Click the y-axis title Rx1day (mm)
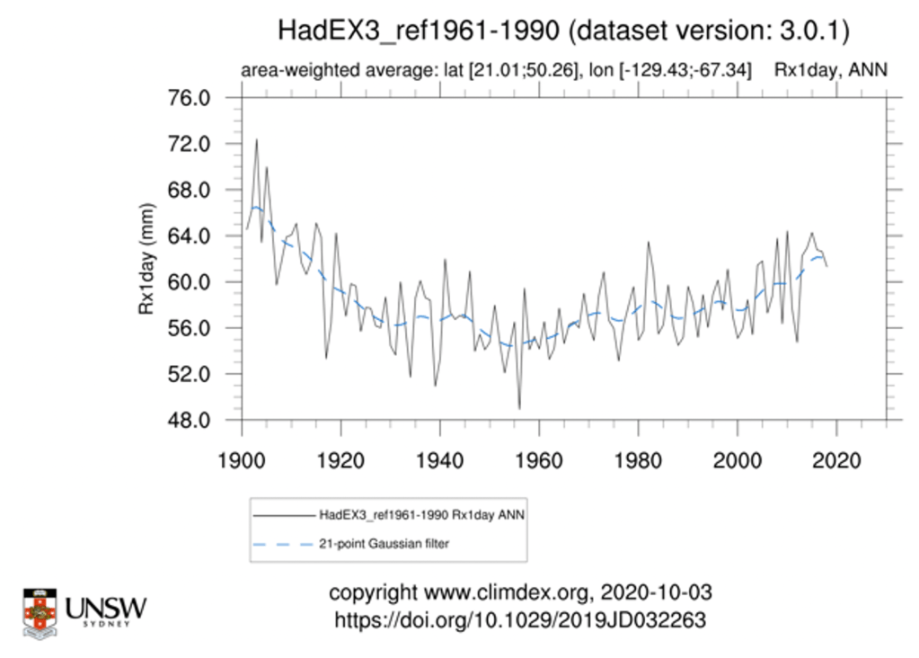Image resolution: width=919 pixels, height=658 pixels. pos(146,260)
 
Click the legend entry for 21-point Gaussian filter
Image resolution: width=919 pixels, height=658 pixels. pos(384,544)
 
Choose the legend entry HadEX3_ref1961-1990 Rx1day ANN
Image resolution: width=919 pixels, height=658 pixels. pos(421,515)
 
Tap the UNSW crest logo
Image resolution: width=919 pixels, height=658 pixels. pos(40,613)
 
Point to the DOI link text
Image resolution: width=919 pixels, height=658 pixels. pos(520,620)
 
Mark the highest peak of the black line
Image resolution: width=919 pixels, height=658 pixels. pos(256,139)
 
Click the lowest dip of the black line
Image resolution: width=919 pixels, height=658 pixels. pos(519,409)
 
